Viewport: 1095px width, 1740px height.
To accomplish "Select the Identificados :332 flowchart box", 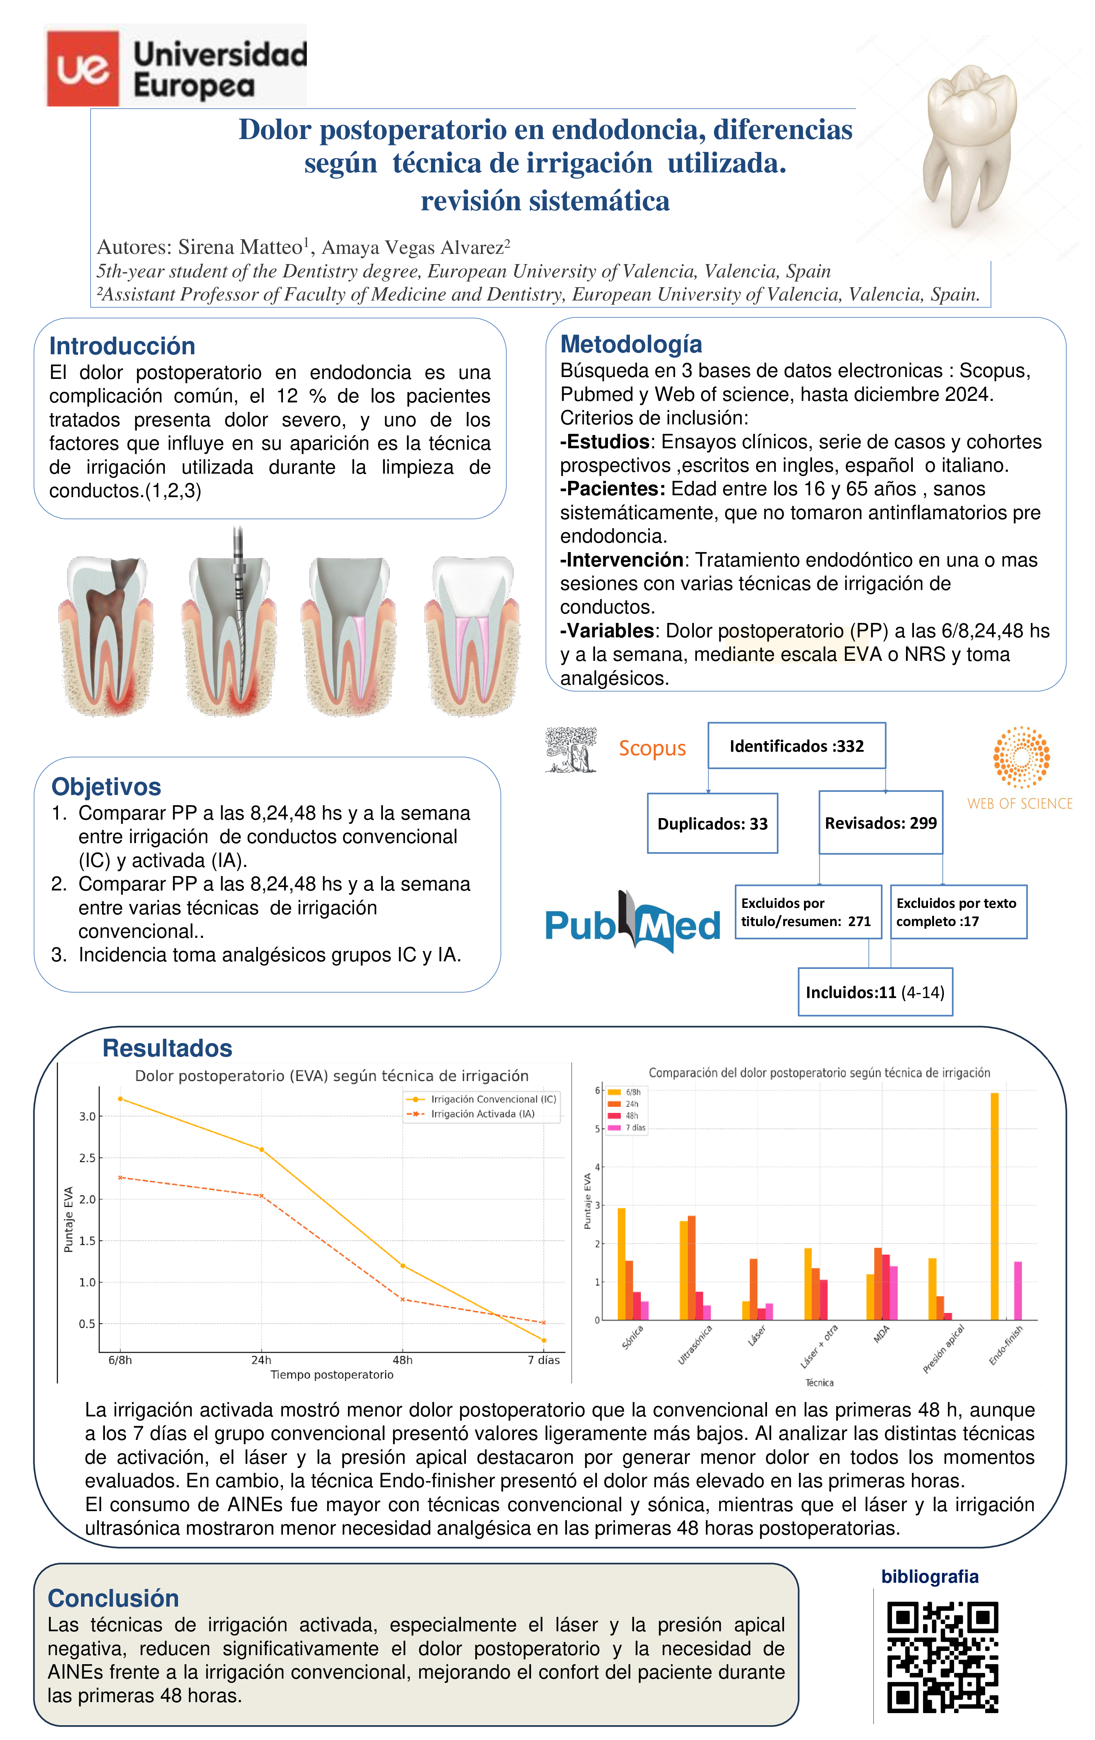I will pos(796,746).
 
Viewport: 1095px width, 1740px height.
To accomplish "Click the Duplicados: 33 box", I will pos(712,824).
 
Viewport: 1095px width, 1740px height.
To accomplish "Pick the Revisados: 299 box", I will pos(881,823).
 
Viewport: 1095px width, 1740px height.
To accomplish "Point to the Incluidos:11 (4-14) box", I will pos(875,992).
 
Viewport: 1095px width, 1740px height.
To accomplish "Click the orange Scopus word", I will pos(651,749).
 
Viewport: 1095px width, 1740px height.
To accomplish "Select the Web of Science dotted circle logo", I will pos(1021,757).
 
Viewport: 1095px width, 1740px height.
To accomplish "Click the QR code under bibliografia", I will pos(942,1657).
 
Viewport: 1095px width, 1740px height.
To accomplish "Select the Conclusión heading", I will pos(113,1598).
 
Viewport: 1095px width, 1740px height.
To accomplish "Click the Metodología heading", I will pos(631,344).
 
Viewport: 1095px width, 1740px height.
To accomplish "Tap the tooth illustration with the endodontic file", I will pos(230,625).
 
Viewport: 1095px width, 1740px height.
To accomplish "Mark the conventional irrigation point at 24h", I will pos(261,1150).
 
